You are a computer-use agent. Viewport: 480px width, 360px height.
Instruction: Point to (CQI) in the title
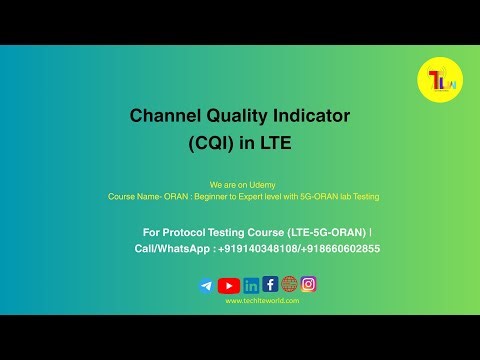212,144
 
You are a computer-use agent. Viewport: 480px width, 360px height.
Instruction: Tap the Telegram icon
206,285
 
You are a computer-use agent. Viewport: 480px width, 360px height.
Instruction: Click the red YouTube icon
229,285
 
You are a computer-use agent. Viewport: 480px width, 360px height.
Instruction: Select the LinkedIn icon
251,285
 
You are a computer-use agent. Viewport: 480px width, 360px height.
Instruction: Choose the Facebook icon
270,284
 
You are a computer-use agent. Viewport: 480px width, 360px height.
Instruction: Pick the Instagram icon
309,284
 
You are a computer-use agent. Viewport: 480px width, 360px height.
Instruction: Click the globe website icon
289,284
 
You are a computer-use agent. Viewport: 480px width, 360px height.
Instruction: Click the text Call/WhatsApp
172,248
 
